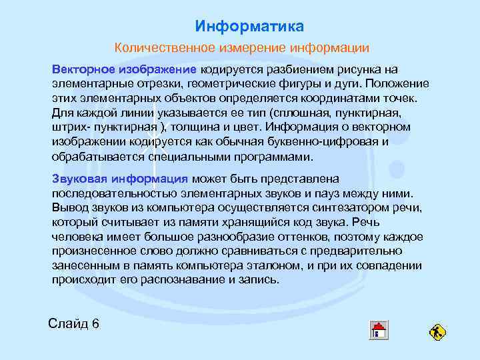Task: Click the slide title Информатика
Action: [x=249, y=27]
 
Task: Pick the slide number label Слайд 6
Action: [x=73, y=325]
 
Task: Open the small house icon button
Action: [x=379, y=329]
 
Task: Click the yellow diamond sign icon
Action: [x=437, y=331]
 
